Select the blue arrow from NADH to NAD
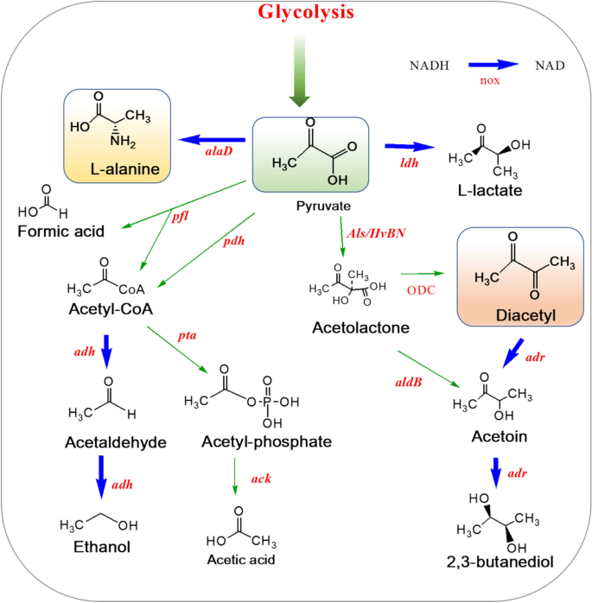(493, 64)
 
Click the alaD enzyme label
(215, 149)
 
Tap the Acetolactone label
(353, 327)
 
